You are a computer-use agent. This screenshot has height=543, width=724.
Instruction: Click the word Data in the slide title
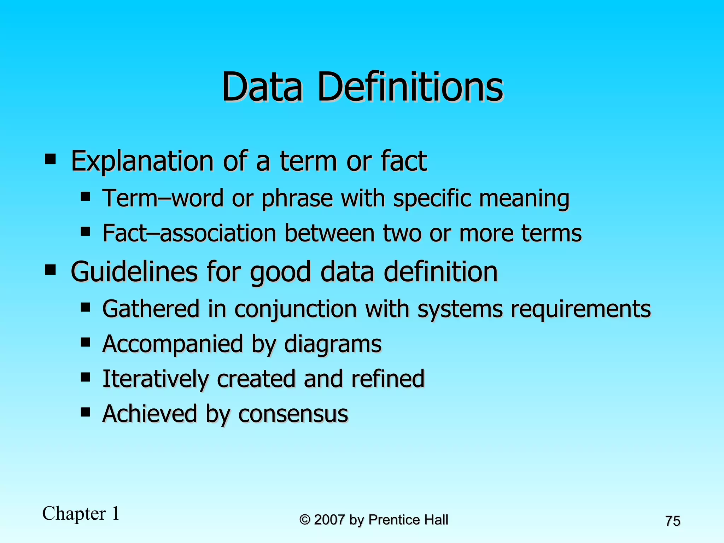tap(262, 87)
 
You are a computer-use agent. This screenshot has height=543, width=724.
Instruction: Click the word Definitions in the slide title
tap(410, 87)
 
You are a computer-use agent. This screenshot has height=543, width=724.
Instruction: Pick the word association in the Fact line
tap(218, 233)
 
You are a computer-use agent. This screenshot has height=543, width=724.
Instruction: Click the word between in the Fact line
tap(329, 233)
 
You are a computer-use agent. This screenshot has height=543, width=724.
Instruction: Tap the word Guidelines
tap(134, 271)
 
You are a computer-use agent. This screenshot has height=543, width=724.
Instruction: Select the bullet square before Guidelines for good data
tap(50, 270)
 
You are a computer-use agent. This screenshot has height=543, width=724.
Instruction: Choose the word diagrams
tap(333, 344)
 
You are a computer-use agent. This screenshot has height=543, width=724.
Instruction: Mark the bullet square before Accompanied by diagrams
tap(85, 342)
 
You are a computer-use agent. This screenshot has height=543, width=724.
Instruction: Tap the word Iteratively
tap(155, 379)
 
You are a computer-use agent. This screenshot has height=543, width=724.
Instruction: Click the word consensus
tap(293, 414)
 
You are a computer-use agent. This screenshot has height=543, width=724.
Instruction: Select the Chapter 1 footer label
tap(81, 514)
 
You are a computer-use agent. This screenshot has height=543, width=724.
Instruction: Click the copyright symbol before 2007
tap(305, 520)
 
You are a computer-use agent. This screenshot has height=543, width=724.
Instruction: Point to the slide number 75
tap(672, 521)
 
